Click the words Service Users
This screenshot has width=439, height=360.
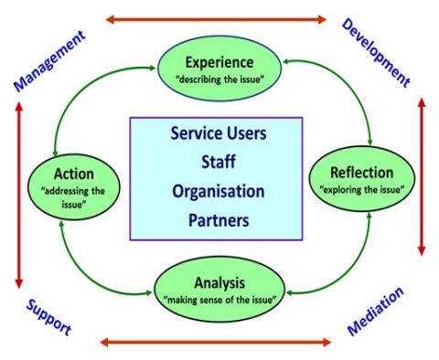tap(218, 133)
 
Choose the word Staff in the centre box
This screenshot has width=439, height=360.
tap(218, 163)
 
